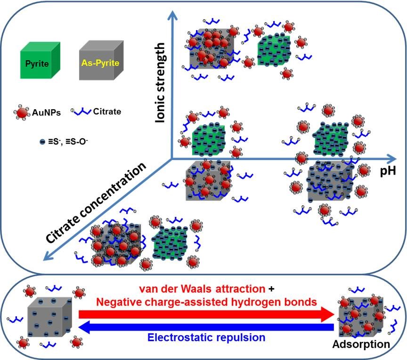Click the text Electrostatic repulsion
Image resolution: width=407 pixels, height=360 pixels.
[x=206, y=337]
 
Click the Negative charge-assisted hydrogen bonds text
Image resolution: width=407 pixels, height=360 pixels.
[x=206, y=302]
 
